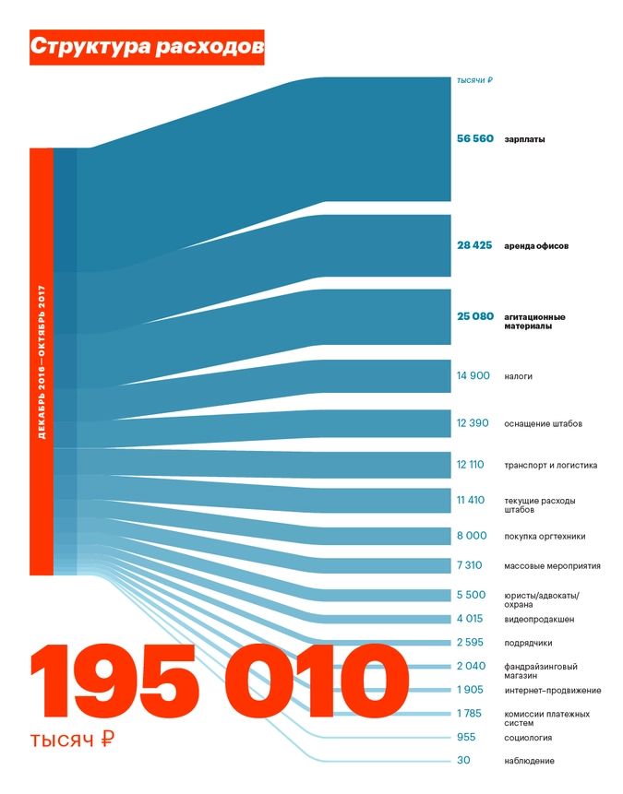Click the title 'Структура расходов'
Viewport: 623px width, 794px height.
[x=147, y=47]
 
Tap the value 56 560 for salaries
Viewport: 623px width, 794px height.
[x=475, y=139]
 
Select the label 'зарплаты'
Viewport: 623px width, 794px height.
[x=524, y=139]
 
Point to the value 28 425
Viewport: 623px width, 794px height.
[x=474, y=246]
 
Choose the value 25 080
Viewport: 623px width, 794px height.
[x=475, y=316]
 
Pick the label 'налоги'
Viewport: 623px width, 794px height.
[x=518, y=376]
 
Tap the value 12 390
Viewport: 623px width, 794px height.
[x=474, y=423]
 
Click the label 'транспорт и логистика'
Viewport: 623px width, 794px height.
[x=550, y=465]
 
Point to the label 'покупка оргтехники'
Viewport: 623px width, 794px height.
[x=545, y=536]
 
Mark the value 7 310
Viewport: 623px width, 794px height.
[x=471, y=565]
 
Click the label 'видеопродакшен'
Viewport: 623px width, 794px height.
[x=539, y=619]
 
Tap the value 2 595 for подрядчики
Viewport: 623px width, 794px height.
[x=471, y=643]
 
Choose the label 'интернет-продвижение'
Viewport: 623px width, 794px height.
[x=552, y=690]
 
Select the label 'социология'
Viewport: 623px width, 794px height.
[x=528, y=737]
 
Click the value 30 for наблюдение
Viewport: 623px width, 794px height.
[x=463, y=761]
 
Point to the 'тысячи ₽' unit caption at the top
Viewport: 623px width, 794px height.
[x=474, y=80]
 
